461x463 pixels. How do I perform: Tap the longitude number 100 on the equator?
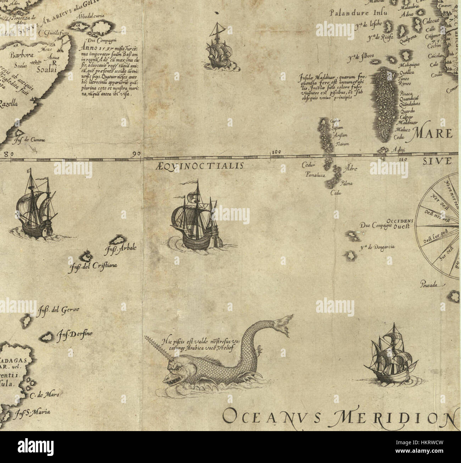(276, 152)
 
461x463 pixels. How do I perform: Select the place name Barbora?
(22, 55)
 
